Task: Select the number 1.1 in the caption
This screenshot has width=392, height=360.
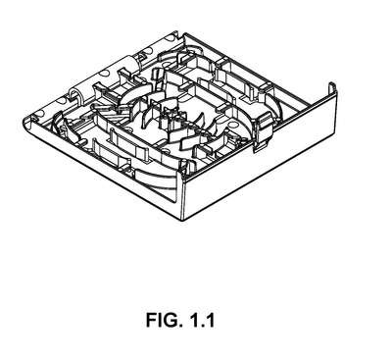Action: tap(202, 320)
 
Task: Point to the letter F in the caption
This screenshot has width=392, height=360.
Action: tap(151, 320)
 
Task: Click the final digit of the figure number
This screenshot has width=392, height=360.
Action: tap(210, 320)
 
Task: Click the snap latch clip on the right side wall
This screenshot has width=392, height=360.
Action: tap(264, 130)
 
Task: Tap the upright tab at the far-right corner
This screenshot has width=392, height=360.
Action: tap(332, 88)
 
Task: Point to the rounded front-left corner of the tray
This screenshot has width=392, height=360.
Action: tap(27, 122)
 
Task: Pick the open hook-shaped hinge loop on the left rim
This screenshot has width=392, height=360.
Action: tap(75, 94)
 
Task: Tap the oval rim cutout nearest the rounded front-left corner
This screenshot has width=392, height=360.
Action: tap(39, 114)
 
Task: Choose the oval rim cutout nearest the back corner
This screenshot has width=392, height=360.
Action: tap(170, 38)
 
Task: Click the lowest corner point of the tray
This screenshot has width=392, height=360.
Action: tap(183, 220)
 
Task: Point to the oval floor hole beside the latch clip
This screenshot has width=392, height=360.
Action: tap(233, 126)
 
